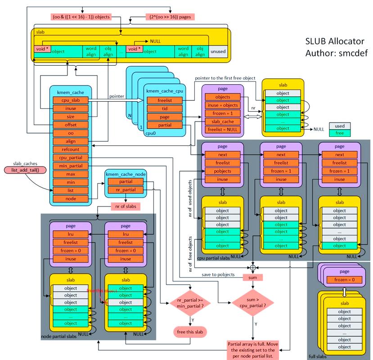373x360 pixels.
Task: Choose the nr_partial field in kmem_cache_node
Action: (x=126, y=190)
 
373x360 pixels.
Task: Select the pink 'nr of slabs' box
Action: (x=126, y=207)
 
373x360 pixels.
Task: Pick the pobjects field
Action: (x=222, y=171)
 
